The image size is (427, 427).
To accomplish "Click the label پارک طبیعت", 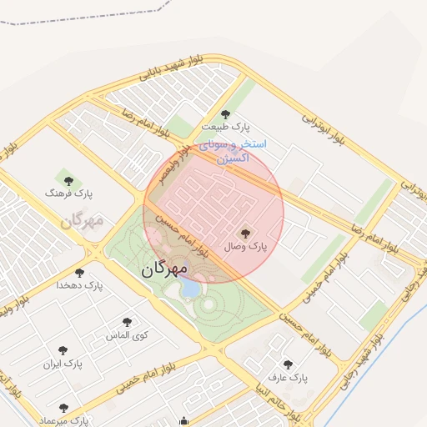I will (x=225, y=127).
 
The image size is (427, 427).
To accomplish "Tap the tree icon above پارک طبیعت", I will (x=225, y=114).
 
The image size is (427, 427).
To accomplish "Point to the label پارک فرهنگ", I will (x=69, y=193).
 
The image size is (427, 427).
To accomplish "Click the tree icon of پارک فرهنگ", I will (x=68, y=181).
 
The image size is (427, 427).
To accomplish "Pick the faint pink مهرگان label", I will (x=81, y=221).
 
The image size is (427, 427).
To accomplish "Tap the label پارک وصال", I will (x=245, y=247).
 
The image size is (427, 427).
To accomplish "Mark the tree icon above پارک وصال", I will (x=244, y=234).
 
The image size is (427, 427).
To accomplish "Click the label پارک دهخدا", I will (x=79, y=285).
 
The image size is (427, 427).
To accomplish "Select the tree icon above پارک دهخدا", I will (x=79, y=273).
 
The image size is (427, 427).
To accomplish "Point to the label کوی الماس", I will (x=127, y=334).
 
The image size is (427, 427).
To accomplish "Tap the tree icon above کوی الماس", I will (x=127, y=322).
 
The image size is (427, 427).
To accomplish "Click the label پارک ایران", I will (x=63, y=364).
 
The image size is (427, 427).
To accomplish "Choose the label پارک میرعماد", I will (x=63, y=419).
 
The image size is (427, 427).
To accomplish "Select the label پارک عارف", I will (x=288, y=378).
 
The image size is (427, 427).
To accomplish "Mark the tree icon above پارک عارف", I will (x=288, y=364).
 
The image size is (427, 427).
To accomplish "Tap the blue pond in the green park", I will (x=190, y=289).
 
